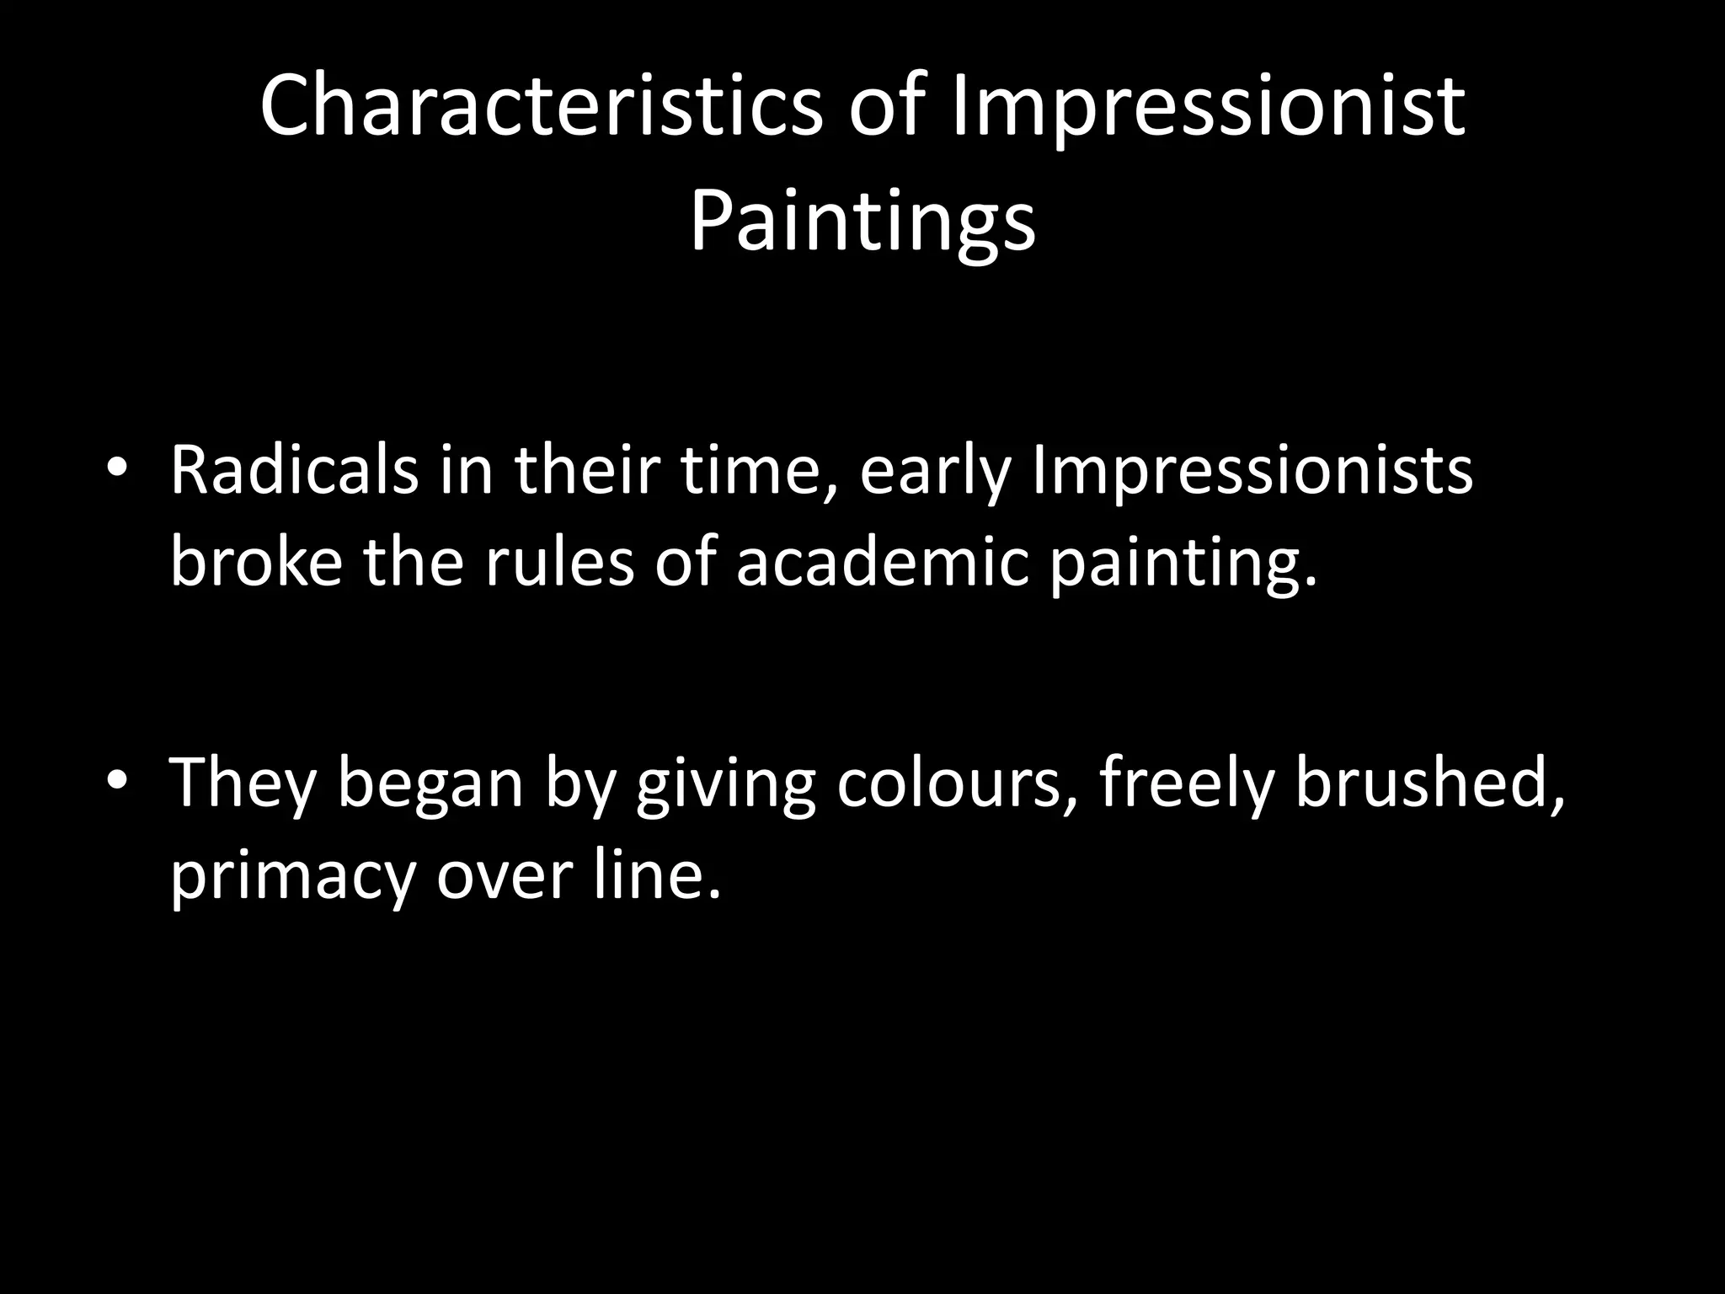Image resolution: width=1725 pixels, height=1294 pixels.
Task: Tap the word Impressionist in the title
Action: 1209,105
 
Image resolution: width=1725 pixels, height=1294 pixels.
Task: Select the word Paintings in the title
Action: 862,222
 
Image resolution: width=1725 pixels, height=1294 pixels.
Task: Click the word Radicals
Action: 294,470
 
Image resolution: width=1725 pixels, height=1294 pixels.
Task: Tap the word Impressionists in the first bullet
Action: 1252,470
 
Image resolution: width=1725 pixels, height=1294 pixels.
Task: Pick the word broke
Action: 256,562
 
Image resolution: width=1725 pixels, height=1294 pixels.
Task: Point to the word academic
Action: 883,562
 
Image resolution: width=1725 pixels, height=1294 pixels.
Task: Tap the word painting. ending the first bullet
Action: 1183,562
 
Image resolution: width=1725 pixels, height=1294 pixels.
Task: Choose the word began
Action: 430,783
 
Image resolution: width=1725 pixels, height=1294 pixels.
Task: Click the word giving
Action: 725,783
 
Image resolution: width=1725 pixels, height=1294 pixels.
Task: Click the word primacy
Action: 294,876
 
